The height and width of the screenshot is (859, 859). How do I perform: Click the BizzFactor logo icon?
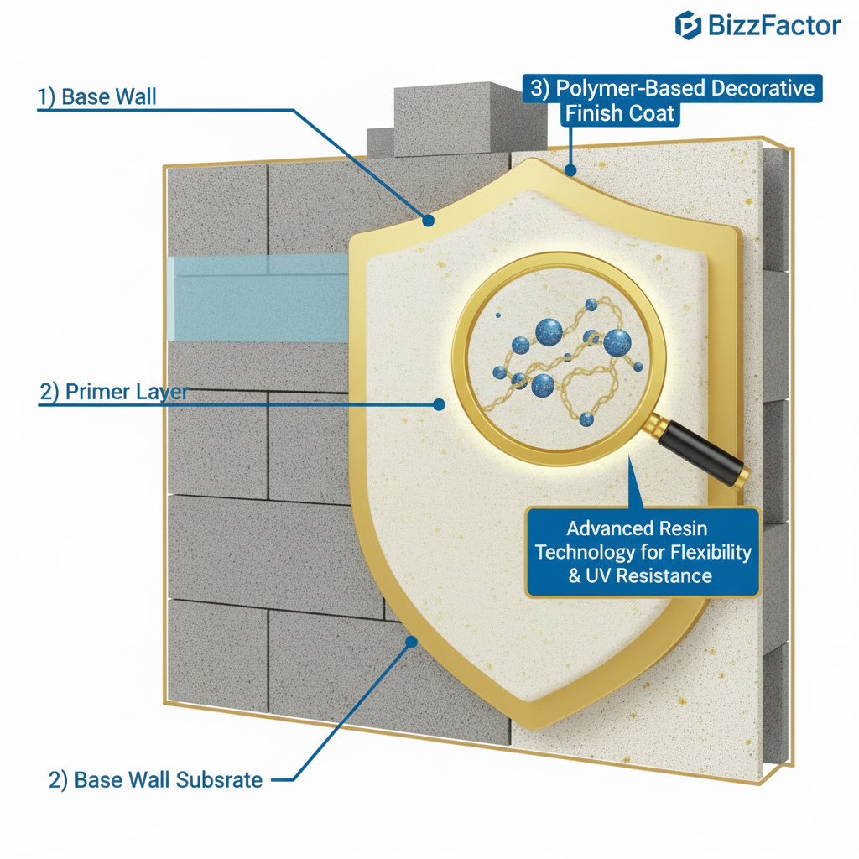pyautogui.click(x=688, y=25)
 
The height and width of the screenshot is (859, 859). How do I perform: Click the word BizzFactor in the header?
pyautogui.click(x=773, y=25)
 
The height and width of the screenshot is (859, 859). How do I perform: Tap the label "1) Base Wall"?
pyautogui.click(x=96, y=96)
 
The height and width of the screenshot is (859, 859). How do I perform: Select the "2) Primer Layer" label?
pyautogui.click(x=113, y=392)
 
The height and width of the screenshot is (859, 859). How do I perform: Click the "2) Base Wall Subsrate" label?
pyautogui.click(x=156, y=779)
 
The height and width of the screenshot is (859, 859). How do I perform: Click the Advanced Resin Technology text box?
pyautogui.click(x=643, y=552)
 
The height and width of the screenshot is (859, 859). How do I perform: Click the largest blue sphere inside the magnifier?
pyautogui.click(x=617, y=342)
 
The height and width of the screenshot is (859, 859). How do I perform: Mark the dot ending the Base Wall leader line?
pyautogui.click(x=428, y=221)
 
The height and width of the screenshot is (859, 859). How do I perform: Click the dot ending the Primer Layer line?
pyautogui.click(x=438, y=403)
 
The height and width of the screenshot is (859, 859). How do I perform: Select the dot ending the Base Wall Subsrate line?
pyautogui.click(x=411, y=642)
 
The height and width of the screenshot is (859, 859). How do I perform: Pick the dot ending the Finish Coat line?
pyautogui.click(x=570, y=172)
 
